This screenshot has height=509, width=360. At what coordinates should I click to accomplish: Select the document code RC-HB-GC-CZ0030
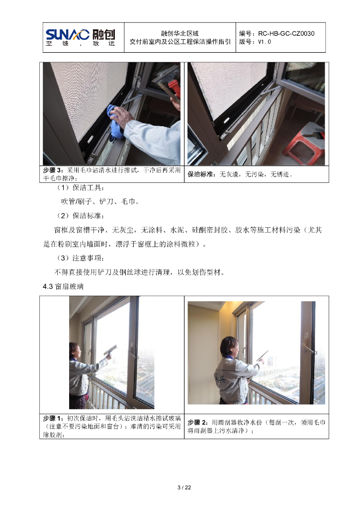(286, 33)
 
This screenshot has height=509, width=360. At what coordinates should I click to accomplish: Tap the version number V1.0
(264, 42)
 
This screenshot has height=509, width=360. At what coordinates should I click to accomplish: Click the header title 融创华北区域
(180, 33)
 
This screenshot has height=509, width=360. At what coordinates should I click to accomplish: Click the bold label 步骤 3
(53, 170)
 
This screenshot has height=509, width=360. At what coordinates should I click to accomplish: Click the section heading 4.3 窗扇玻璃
(63, 286)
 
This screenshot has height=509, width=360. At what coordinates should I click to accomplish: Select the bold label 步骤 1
(53, 418)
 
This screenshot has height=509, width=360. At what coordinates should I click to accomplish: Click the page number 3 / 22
(184, 488)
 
